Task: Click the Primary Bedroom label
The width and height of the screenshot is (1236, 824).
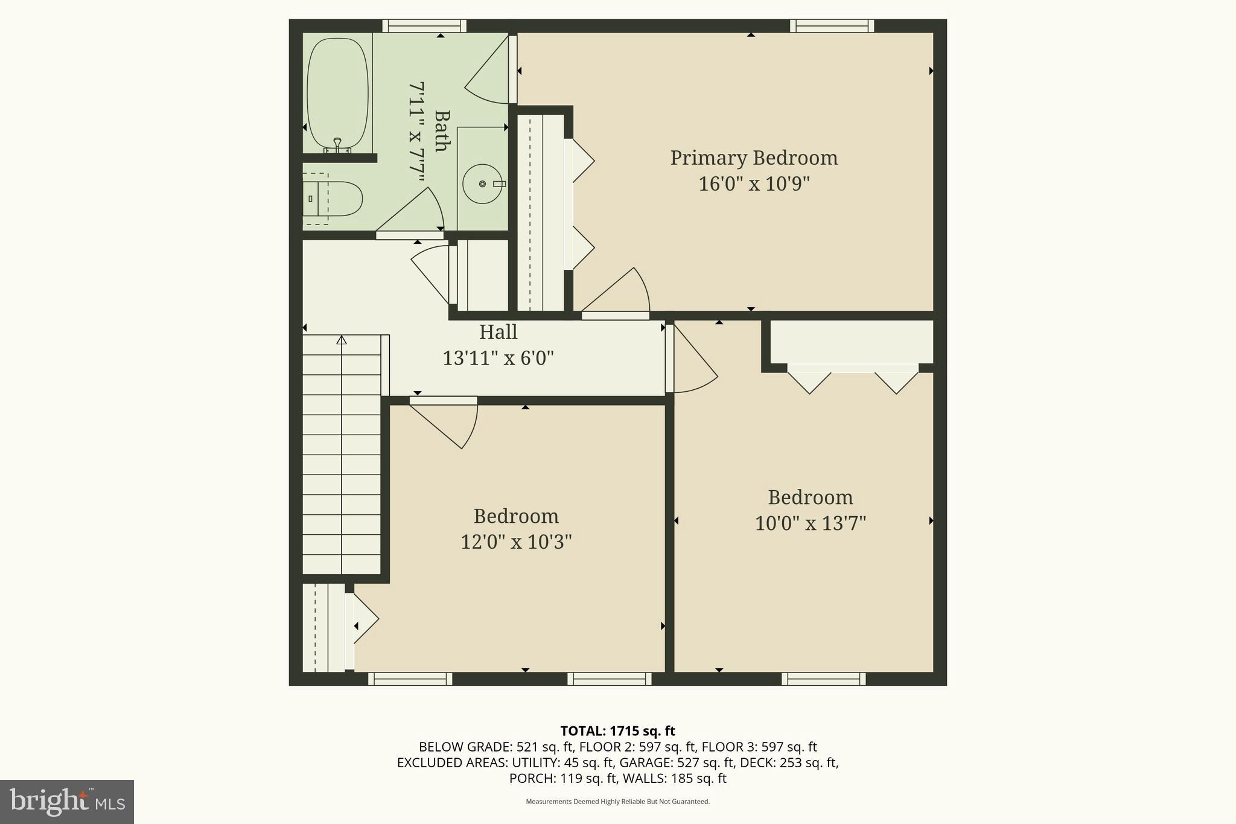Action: (754, 158)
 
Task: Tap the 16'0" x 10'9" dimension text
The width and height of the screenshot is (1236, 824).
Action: (754, 184)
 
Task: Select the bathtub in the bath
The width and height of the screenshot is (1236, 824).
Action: (337, 95)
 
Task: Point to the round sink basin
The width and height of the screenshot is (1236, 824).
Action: (482, 184)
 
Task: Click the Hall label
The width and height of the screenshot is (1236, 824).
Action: (498, 332)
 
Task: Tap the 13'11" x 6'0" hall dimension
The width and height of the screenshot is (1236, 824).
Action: (498, 358)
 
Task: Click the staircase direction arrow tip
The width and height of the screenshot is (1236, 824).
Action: (342, 339)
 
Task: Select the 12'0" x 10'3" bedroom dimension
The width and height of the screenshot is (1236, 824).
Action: (516, 541)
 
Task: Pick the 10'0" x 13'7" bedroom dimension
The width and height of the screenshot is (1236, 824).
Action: (810, 523)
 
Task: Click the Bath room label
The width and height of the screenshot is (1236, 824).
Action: (442, 131)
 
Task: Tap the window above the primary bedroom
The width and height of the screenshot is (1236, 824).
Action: (832, 26)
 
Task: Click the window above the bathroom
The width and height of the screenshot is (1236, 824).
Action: (424, 26)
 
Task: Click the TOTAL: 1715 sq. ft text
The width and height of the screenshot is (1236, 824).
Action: (617, 731)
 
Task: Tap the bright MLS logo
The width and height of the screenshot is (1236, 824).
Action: (66, 802)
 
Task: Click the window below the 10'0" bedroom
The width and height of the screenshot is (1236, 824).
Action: (823, 679)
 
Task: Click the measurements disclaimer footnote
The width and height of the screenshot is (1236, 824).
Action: (617, 802)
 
